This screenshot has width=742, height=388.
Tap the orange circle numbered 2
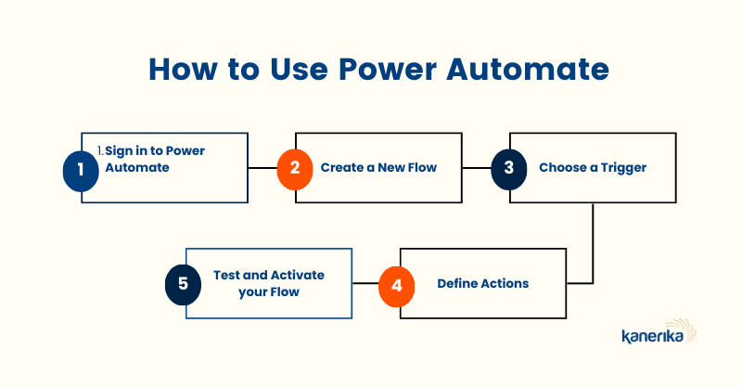(295, 169)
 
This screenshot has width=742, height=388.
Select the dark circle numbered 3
(508, 169)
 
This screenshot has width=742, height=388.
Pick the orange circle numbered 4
(397, 286)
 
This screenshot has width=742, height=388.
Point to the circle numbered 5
(183, 285)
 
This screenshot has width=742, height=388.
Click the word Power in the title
(388, 70)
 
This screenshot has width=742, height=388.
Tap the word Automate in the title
(527, 70)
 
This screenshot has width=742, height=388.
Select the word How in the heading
(184, 70)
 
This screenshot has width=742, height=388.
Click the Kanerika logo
(659, 331)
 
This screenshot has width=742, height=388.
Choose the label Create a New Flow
(378, 168)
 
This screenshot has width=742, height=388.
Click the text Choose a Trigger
(593, 168)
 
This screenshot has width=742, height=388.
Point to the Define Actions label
(482, 283)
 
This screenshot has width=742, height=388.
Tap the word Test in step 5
(226, 276)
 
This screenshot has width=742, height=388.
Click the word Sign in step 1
(119, 151)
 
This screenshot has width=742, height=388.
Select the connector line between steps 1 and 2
(262, 168)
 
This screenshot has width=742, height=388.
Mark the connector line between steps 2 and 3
(477, 168)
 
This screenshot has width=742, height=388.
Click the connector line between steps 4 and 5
(365, 283)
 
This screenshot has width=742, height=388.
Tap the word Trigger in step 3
(623, 168)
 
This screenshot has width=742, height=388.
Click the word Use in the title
(299, 70)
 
